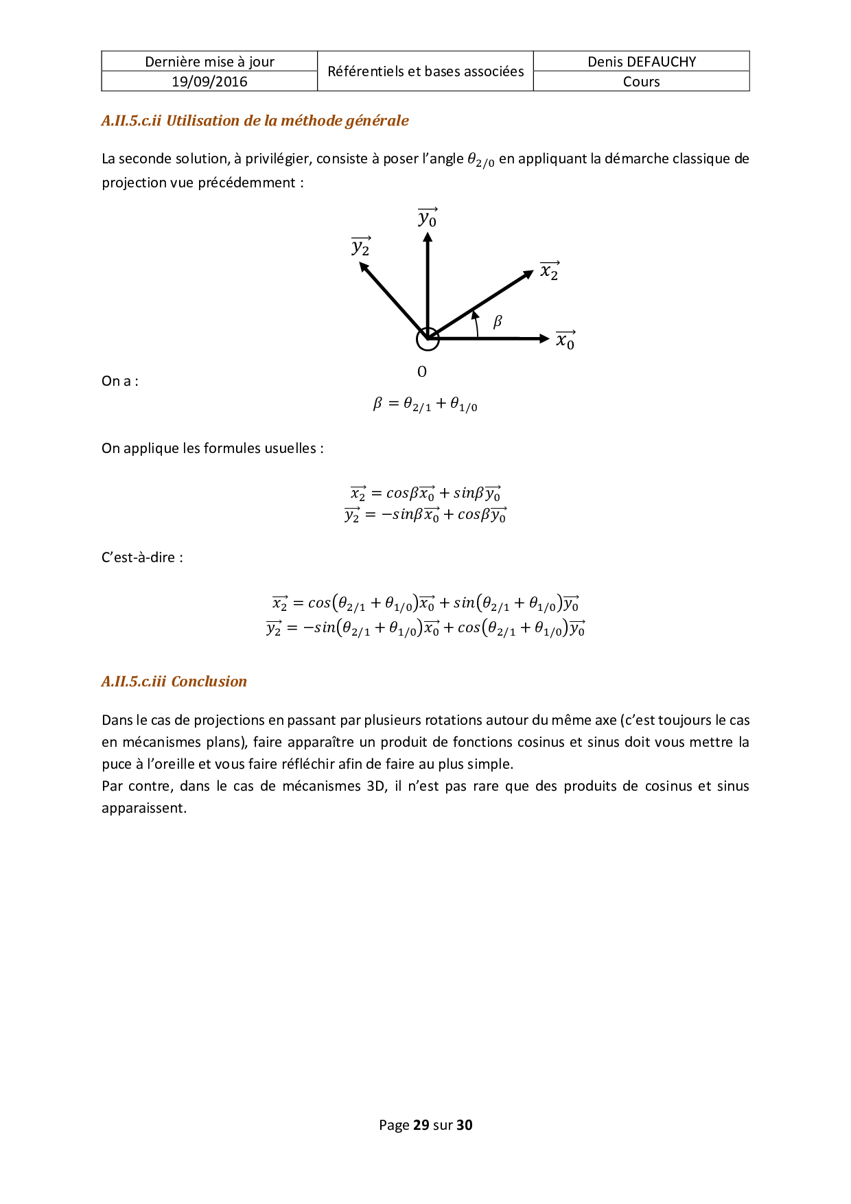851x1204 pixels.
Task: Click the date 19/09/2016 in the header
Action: (209, 82)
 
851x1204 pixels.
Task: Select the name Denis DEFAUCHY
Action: (642, 62)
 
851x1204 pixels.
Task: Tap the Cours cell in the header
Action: (642, 82)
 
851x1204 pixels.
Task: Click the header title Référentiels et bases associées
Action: (425, 71)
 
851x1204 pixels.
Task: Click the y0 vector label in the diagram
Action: (428, 218)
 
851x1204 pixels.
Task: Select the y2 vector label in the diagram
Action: (361, 246)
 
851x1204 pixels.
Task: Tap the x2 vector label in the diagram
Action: (550, 271)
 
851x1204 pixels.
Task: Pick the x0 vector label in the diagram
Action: (566, 340)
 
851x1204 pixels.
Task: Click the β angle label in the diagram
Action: (498, 321)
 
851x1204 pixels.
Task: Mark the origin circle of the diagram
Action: (428, 338)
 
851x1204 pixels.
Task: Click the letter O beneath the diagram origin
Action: (422, 372)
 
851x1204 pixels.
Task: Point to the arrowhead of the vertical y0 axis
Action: (428, 238)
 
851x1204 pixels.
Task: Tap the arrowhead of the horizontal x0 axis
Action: (544, 338)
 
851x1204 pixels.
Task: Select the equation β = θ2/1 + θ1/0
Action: (425, 404)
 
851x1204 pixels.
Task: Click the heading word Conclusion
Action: (209, 682)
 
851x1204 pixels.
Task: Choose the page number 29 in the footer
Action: (421, 1125)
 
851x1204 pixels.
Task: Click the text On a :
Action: (120, 382)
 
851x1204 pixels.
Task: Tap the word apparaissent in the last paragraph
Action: (143, 808)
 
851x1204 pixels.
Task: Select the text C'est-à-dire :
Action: (142, 557)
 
